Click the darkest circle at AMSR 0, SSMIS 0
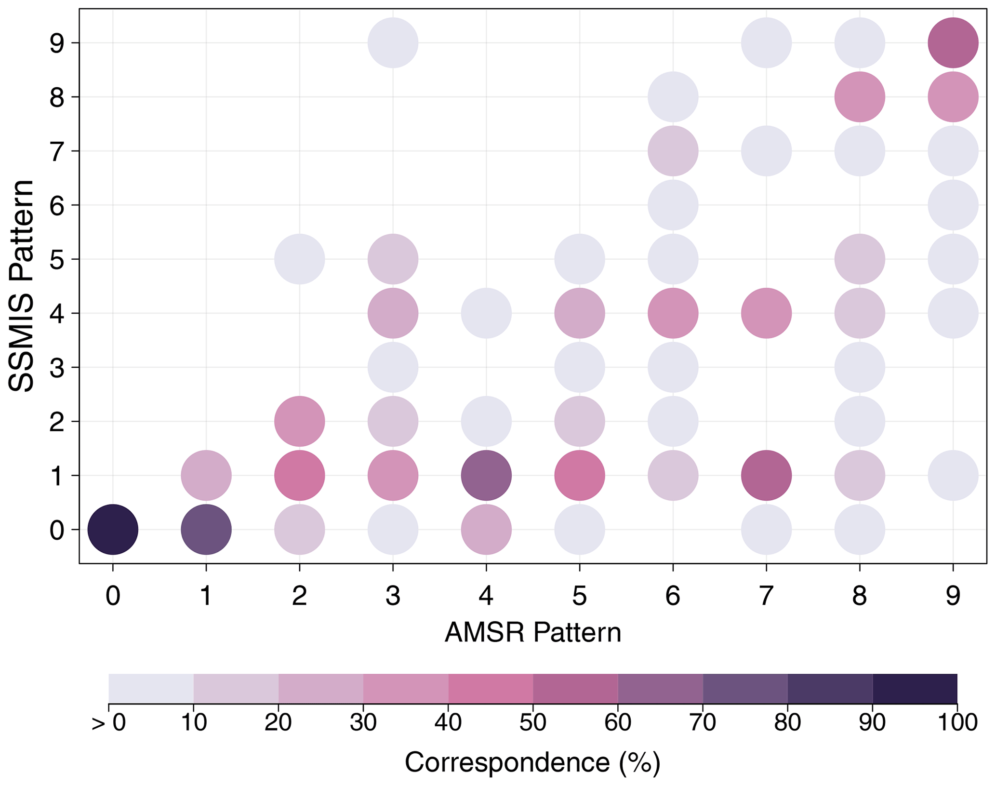pyautogui.click(x=113, y=530)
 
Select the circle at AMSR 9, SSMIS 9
pyautogui.click(x=953, y=43)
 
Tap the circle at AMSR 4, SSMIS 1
pyautogui.click(x=486, y=476)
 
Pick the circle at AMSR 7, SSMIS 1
pyautogui.click(x=766, y=476)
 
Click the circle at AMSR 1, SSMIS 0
pyautogui.click(x=206, y=530)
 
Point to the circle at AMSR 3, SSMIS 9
pyautogui.click(x=393, y=43)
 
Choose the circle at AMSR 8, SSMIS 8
pyautogui.click(x=860, y=97)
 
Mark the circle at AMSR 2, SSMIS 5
pyautogui.click(x=300, y=259)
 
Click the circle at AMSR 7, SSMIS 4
pyautogui.click(x=766, y=313)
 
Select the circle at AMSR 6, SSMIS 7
pyautogui.click(x=673, y=151)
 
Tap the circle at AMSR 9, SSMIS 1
pyautogui.click(x=953, y=476)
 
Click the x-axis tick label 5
pyautogui.click(x=580, y=596)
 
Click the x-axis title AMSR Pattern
pyautogui.click(x=532, y=633)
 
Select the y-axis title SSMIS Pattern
pyautogui.click(x=22, y=286)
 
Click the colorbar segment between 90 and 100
pyautogui.click(x=915, y=688)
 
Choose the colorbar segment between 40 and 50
pyautogui.click(x=491, y=688)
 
